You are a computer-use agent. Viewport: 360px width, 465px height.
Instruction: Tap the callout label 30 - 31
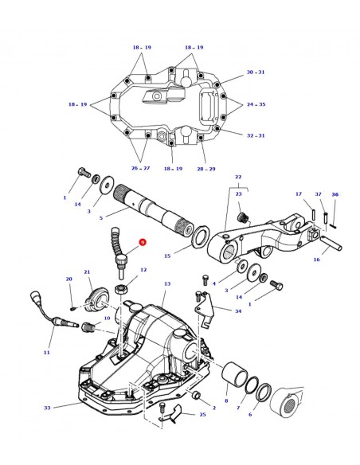tap(256, 72)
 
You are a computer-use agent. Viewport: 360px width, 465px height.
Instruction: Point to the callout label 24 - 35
tap(256, 104)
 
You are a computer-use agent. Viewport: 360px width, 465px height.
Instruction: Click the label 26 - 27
tap(140, 169)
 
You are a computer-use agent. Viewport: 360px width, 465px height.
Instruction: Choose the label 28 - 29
tap(205, 169)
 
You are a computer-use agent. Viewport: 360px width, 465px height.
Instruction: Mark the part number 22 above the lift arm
tap(237, 177)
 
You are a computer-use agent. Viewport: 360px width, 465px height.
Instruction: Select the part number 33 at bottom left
tap(46, 408)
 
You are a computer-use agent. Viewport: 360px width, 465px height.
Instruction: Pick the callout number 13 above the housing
tap(166, 284)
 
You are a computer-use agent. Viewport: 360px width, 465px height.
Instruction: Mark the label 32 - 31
tap(256, 135)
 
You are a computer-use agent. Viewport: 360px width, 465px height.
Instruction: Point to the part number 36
tap(335, 194)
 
